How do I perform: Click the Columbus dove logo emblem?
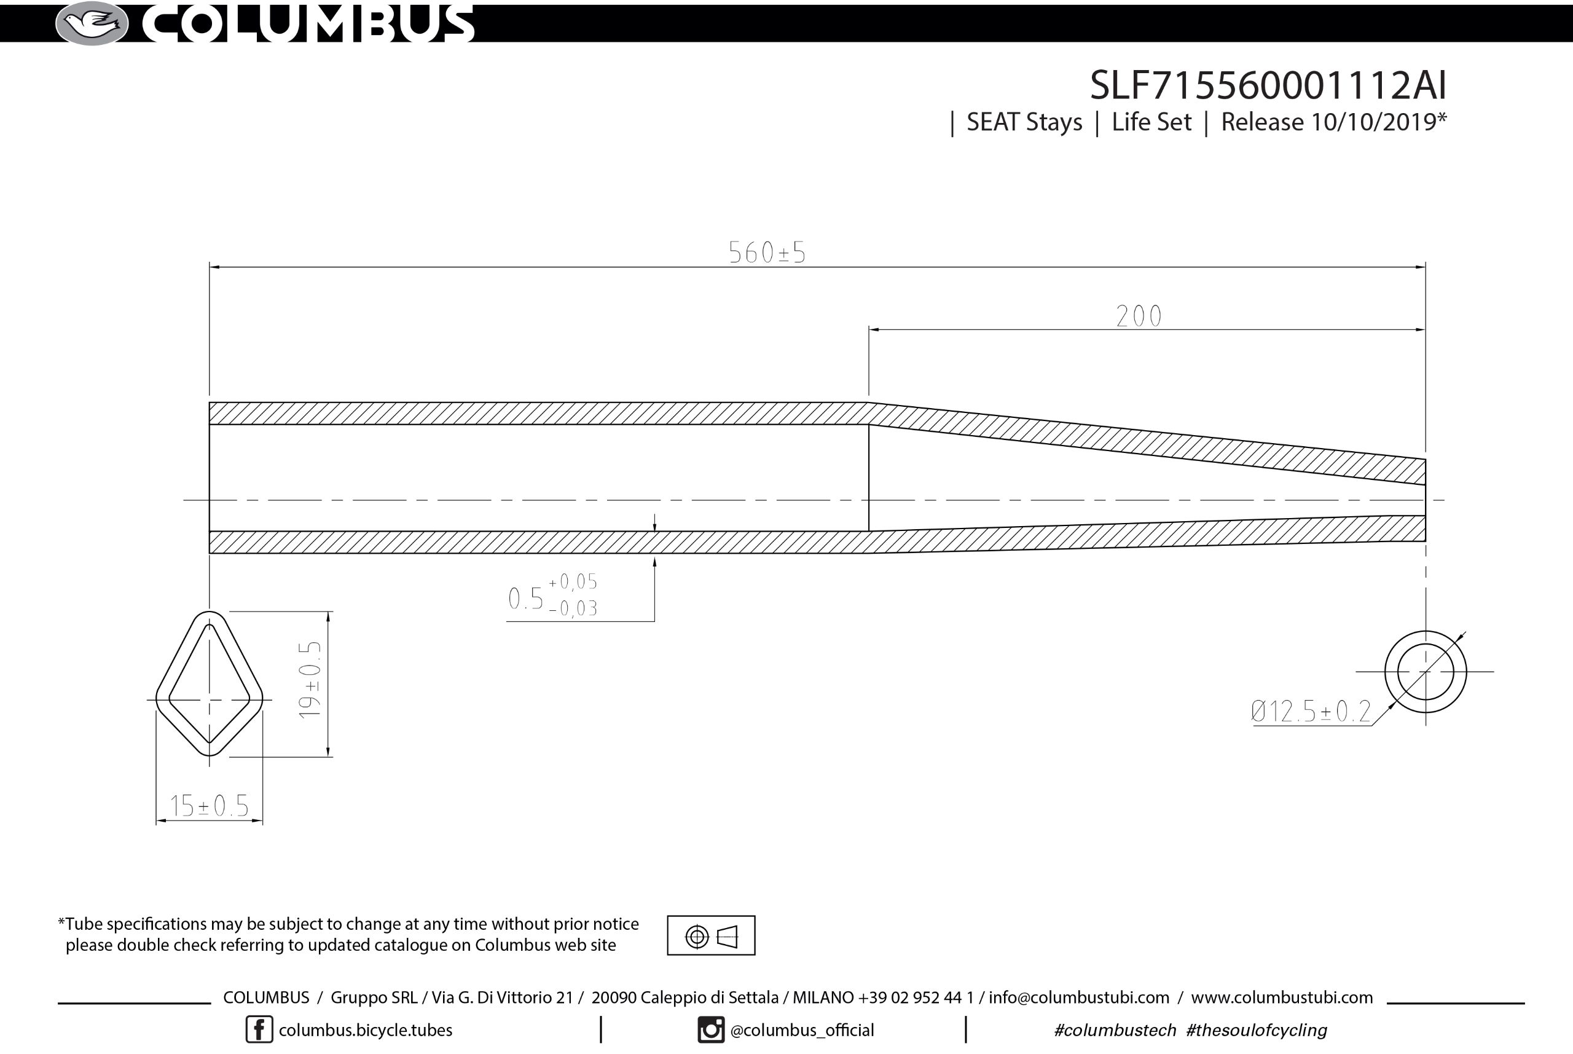92,23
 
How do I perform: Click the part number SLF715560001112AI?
1268,85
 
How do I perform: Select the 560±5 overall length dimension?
767,253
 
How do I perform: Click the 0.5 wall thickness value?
525,598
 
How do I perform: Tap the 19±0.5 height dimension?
310,680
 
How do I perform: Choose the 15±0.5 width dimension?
209,805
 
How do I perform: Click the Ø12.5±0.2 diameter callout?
1310,711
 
